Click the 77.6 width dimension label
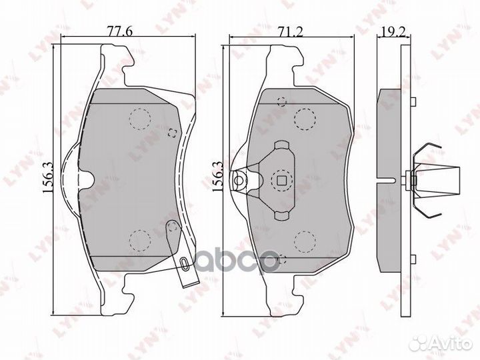pyautogui.click(x=119, y=31)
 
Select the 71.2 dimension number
pyautogui.click(x=289, y=31)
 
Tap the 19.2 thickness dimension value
pyautogui.click(x=394, y=31)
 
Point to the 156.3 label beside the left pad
pyautogui.click(x=48, y=178)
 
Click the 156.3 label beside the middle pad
pyautogui.click(x=218, y=177)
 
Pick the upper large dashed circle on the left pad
pyautogui.click(x=140, y=119)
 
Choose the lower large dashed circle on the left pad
pyautogui.click(x=140, y=241)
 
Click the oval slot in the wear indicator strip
pyautogui.click(x=183, y=263)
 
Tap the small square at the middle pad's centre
pyautogui.click(x=281, y=181)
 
